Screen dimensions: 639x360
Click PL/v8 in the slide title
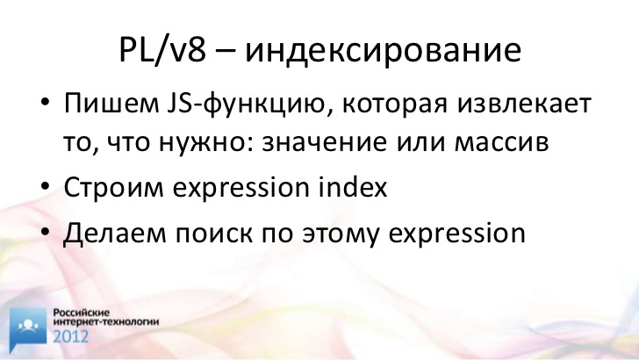click(x=162, y=49)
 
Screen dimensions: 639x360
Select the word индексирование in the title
click(x=383, y=52)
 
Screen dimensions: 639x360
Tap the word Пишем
click(x=111, y=104)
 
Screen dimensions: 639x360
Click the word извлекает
click(x=524, y=104)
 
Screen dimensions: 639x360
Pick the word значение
click(x=325, y=143)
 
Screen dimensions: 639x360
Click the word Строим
click(x=114, y=188)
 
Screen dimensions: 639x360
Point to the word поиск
click(x=214, y=234)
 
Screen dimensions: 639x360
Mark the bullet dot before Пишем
click(x=45, y=101)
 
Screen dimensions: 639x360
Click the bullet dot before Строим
click(x=45, y=186)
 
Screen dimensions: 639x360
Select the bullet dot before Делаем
click(x=45, y=232)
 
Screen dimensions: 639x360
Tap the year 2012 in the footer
click(x=70, y=337)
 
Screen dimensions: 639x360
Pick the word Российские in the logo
click(x=82, y=313)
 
